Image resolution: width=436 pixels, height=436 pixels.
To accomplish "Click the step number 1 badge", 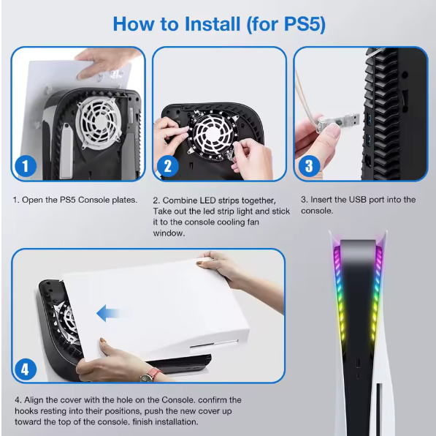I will click(x=26, y=166).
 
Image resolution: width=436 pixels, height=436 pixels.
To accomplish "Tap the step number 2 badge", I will click(x=167, y=166).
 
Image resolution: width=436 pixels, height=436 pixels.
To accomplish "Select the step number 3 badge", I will click(x=308, y=166).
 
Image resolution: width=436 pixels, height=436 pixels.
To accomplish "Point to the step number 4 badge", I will click(x=26, y=369).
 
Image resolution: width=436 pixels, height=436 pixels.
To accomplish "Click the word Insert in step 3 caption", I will click(x=322, y=200).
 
